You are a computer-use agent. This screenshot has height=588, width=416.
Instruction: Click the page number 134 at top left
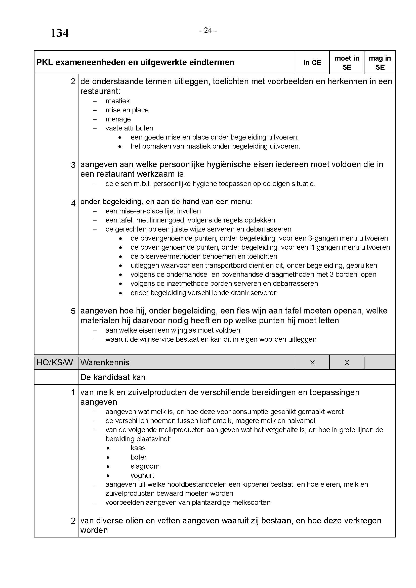pyautogui.click(x=59, y=33)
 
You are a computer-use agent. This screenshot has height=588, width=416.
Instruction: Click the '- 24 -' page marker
pyautogui.click(x=208, y=30)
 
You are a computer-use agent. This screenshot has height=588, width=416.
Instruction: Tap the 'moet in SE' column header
pyautogui.click(x=347, y=63)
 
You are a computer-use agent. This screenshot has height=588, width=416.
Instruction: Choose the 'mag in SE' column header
pyautogui.click(x=380, y=63)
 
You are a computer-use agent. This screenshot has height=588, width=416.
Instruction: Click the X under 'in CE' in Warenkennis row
pyautogui.click(x=312, y=363)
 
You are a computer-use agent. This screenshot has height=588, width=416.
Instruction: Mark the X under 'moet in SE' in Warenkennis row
pyautogui.click(x=347, y=363)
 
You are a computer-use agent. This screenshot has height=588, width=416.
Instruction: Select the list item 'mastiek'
pyautogui.click(x=117, y=101)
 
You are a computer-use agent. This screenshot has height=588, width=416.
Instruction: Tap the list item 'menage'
pyautogui.click(x=118, y=119)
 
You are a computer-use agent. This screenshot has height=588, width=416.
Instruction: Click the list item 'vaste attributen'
pyautogui.click(x=129, y=128)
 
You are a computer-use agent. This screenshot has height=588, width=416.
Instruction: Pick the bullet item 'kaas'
pyautogui.click(x=138, y=448)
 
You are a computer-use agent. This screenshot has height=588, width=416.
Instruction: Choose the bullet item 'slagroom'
pyautogui.click(x=145, y=466)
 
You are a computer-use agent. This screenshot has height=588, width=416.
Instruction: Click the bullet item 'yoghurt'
pyautogui.click(x=142, y=475)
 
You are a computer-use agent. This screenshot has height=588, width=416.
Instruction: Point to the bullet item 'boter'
pyautogui.click(x=139, y=457)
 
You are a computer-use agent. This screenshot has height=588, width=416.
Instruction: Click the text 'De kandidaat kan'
pyautogui.click(x=113, y=377)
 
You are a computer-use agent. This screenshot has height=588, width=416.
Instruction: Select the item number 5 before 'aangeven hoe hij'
pyautogui.click(x=73, y=311)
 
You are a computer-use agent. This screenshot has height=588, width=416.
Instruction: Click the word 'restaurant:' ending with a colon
pyautogui.click(x=100, y=91)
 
